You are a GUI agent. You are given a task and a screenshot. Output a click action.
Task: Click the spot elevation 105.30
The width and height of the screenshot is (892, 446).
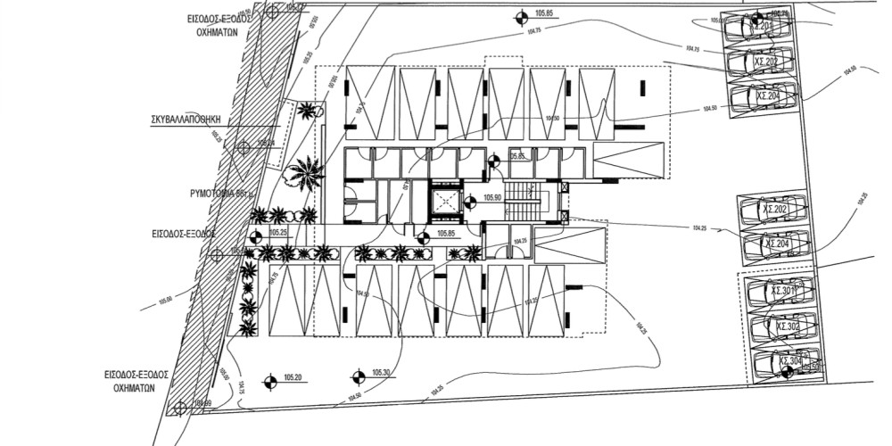383,373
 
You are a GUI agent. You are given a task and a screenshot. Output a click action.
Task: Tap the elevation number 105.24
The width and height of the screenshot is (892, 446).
266,143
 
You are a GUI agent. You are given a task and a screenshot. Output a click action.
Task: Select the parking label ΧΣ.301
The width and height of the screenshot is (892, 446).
782,291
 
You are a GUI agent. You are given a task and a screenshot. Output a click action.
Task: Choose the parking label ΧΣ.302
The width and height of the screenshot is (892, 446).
786,327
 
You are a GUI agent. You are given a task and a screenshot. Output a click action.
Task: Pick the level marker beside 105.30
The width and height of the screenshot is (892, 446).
358,375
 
